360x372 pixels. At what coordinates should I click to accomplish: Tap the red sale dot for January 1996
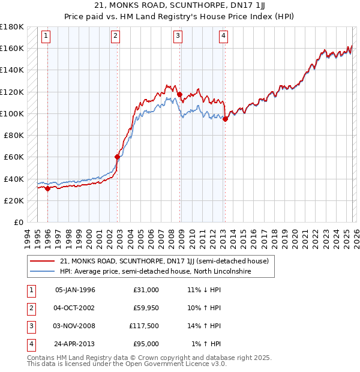point(47,188)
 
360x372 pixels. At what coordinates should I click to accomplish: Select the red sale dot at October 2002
point(117,157)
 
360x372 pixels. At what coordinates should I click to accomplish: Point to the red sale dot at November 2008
point(179,94)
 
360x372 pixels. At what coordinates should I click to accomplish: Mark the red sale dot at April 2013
point(225,119)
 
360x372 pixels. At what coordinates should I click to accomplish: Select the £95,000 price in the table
point(146,344)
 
